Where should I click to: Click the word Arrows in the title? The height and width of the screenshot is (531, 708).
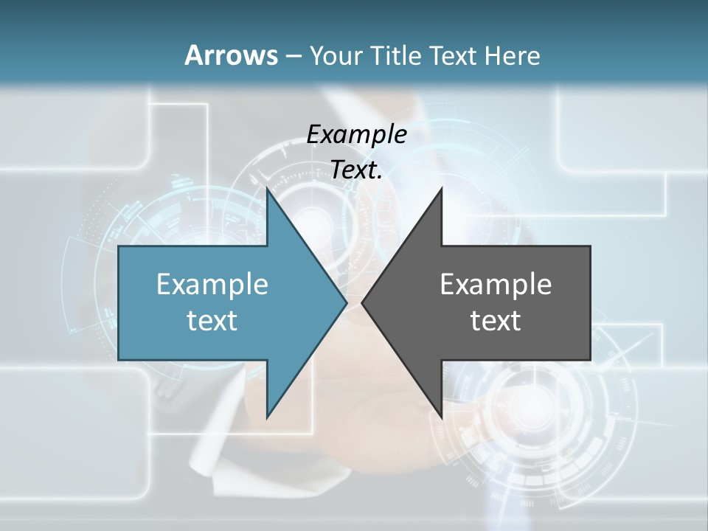coord(231,55)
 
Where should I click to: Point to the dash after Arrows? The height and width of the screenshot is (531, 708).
coord(293,56)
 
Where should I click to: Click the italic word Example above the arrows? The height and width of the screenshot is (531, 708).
coord(356,134)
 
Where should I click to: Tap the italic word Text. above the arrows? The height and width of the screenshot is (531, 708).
coord(356,170)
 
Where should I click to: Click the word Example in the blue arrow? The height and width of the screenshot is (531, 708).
coord(212,284)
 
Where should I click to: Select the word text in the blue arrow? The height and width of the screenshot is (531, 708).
coord(212,320)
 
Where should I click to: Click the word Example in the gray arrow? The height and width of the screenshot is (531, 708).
coord(496,284)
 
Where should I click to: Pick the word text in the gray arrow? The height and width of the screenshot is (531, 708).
coord(496,320)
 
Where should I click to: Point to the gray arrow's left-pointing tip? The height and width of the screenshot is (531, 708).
coord(362,303)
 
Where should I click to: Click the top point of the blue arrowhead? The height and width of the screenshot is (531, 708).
coord(267,189)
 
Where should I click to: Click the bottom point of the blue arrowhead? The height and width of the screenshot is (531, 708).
coord(267,417)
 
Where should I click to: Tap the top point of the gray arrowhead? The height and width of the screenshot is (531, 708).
coord(441,189)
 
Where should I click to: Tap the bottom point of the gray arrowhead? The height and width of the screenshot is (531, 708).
coord(441,417)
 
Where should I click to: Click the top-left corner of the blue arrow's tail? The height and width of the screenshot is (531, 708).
coord(119,246)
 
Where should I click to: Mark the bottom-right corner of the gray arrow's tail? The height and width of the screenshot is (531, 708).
coord(590,360)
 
